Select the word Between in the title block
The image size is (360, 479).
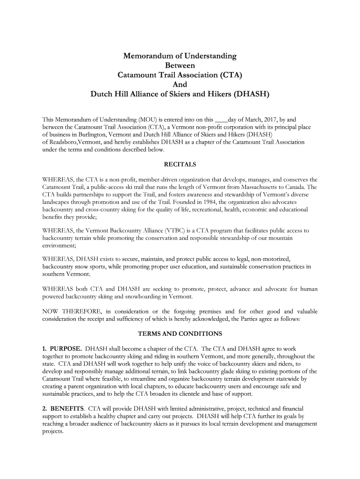pos(180,65)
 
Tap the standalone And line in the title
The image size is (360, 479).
pos(180,85)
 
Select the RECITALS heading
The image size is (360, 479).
pos(180,164)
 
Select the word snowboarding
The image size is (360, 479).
pos(145,297)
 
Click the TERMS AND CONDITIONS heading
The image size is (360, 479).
pos(180,334)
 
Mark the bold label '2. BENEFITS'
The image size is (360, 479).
pos(63,408)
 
